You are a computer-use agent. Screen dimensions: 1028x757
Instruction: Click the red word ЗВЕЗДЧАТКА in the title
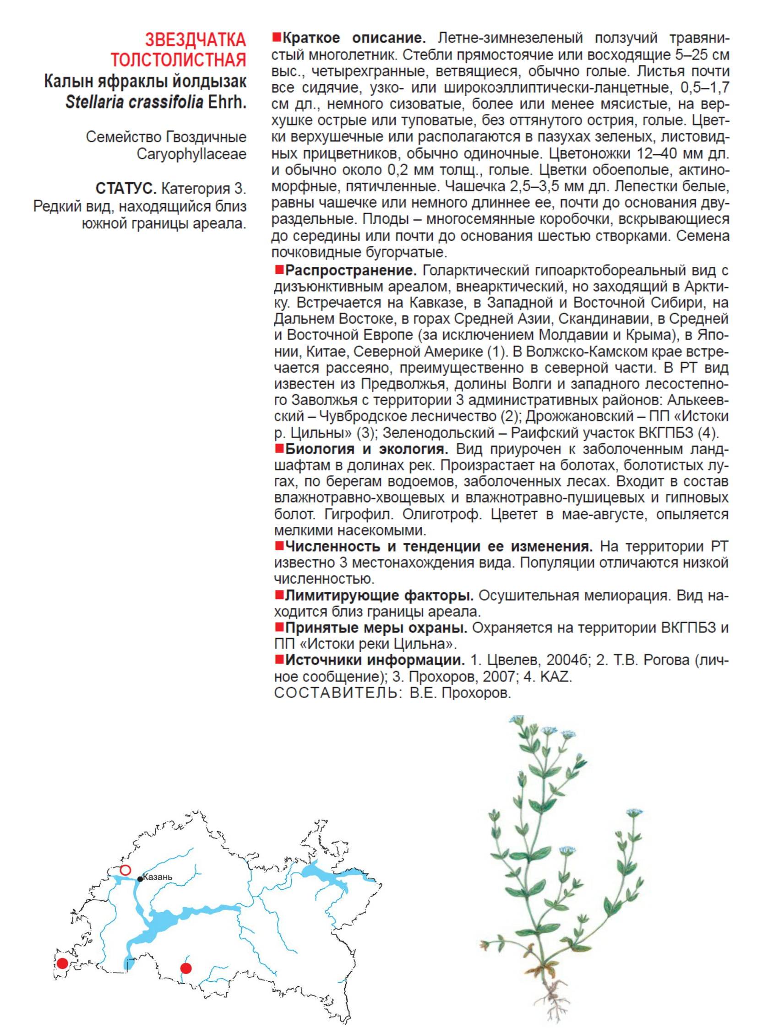196,40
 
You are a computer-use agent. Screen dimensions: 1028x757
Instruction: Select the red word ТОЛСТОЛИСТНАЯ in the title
178,60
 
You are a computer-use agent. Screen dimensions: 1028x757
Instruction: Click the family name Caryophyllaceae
191,154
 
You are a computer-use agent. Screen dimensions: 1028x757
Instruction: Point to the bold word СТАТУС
126,188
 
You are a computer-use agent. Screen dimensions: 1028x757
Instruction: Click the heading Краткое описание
354,38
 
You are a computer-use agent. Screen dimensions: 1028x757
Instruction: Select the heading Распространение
350,271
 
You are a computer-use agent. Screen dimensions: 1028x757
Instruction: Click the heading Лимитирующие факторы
380,596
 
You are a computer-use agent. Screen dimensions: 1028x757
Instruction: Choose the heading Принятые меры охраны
376,628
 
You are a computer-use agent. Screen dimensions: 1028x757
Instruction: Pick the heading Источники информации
375,660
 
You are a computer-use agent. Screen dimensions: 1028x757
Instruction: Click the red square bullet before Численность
278,546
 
